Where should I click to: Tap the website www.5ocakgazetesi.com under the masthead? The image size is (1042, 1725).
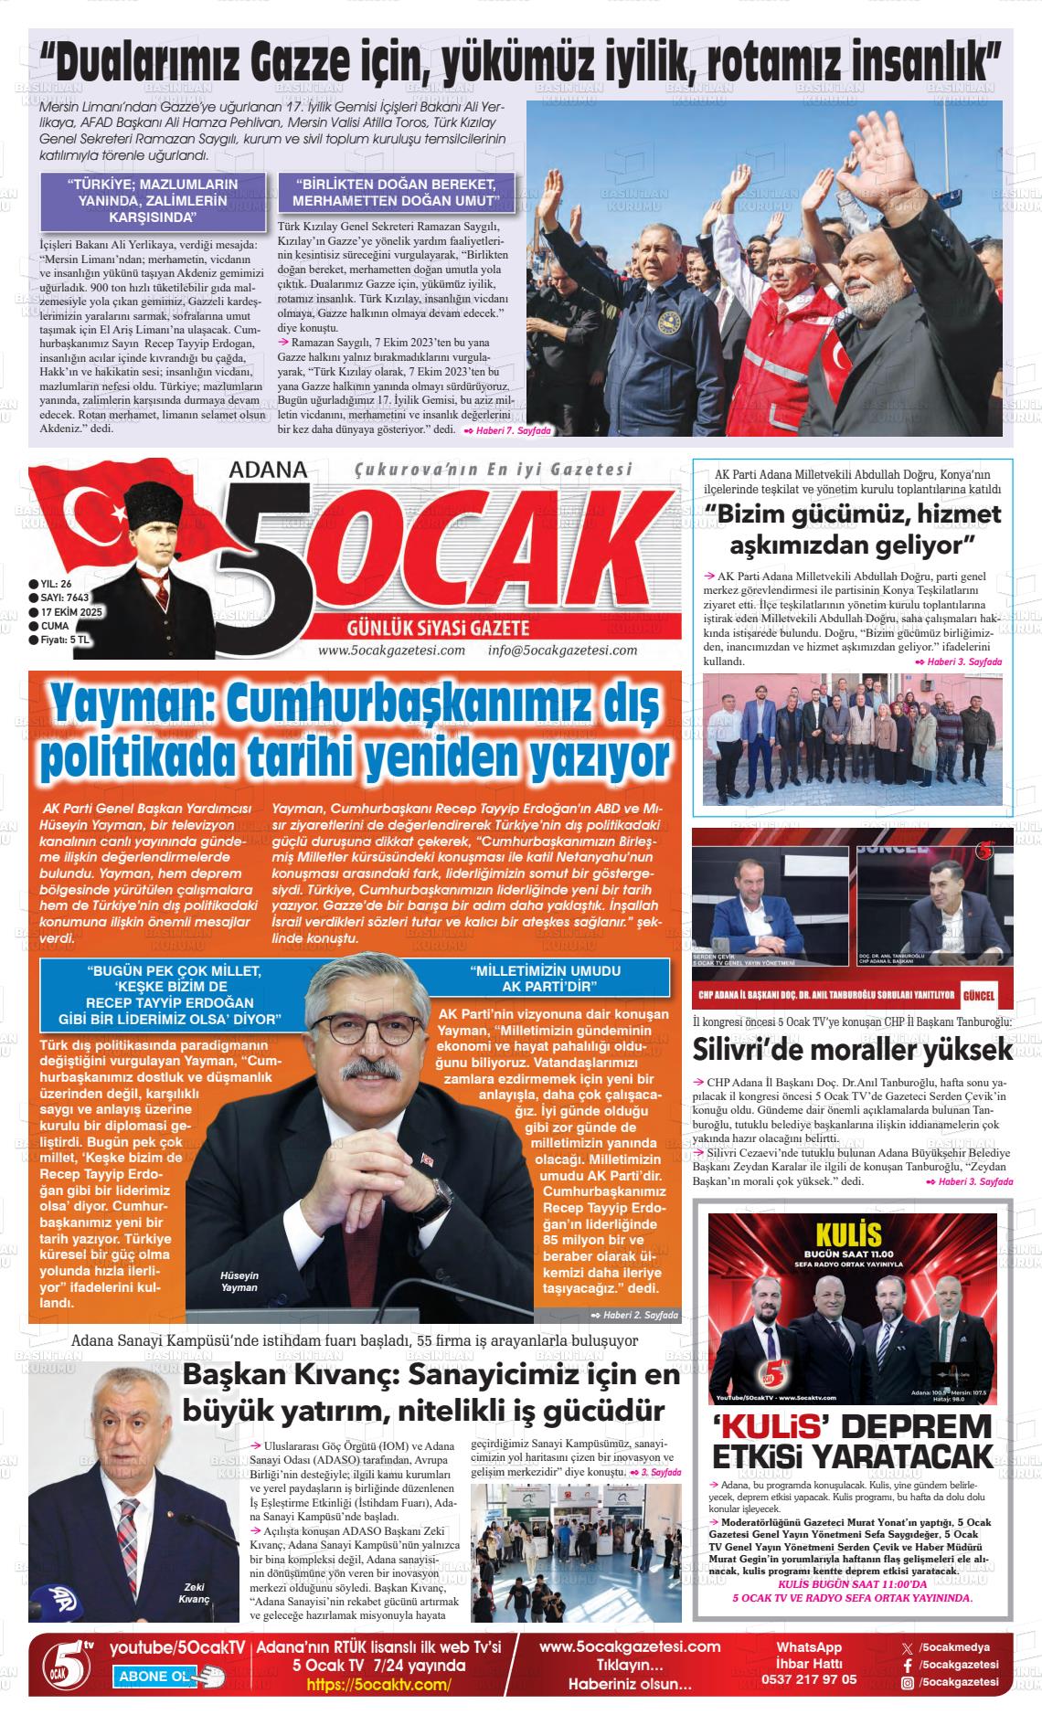click(x=391, y=651)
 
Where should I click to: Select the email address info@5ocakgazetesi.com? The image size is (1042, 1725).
click(x=562, y=651)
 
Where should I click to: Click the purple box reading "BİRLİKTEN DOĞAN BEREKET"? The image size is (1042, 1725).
click(x=396, y=192)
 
